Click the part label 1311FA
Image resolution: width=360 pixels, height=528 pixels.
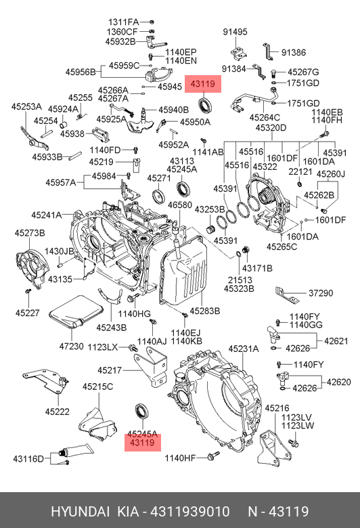pyautogui.click(x=121, y=22)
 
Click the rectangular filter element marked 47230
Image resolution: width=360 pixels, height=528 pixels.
pyautogui.click(x=71, y=313)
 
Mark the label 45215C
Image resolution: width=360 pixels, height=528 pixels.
pyautogui.click(x=98, y=387)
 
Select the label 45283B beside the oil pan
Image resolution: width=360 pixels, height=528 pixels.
pyautogui.click(x=205, y=311)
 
